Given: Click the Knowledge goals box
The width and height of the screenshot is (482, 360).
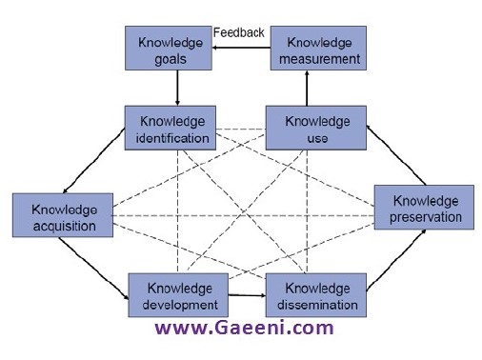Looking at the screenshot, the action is (169, 48).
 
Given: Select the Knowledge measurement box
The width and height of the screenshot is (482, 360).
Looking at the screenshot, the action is (318, 48).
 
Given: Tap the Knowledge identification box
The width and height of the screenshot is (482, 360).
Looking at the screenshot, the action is (171, 128).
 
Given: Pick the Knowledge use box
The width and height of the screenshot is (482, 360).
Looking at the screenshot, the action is (316, 128).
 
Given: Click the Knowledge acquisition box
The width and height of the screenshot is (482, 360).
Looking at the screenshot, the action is (63, 215).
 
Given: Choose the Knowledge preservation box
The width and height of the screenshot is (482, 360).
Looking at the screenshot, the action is (424, 208).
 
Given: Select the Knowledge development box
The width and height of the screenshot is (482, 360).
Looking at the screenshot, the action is (178, 295).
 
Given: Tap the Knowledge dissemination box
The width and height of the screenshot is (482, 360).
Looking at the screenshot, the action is (316, 295).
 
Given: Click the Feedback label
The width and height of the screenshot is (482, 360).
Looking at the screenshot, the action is (239, 32).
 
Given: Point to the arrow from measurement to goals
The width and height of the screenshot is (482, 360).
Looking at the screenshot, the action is (241, 48).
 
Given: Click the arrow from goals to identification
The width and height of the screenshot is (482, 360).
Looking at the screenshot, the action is (177, 88).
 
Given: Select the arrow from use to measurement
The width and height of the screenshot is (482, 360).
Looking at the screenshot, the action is (307, 89).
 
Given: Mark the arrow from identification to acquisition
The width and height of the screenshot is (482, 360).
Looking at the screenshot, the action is (94, 160).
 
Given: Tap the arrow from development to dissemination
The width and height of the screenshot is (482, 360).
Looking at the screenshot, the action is (247, 295).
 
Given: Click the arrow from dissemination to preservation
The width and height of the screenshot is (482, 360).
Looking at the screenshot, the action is (396, 260).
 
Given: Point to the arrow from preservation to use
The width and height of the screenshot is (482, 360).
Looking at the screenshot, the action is (396, 155).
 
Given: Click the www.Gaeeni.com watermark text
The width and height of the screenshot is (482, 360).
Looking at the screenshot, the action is (244, 328).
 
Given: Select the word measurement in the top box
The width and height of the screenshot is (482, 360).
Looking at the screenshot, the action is (319, 59).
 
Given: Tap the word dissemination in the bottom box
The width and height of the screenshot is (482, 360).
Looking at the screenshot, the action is (317, 305).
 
